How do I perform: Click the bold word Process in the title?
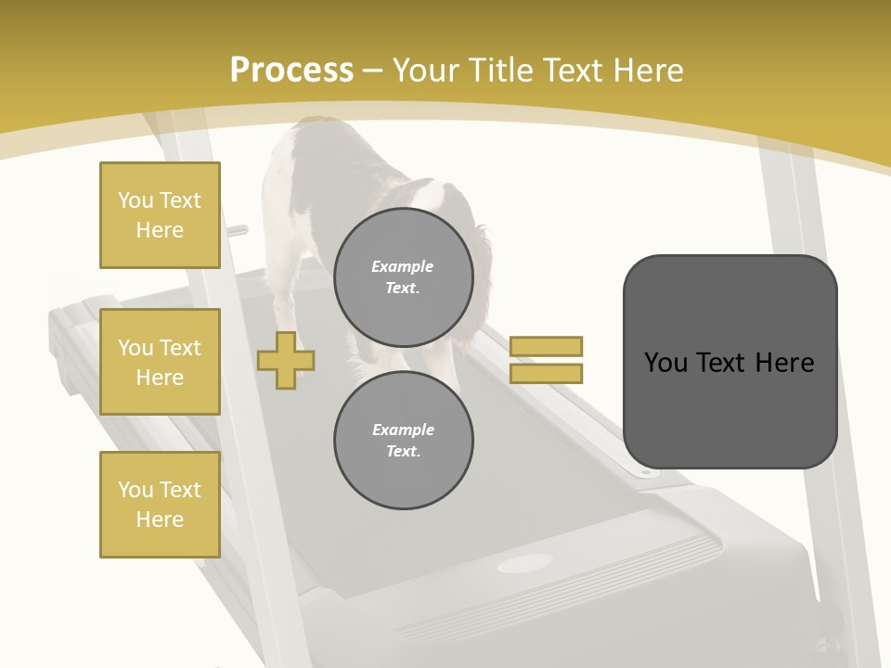291,71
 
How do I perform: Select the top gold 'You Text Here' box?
160,215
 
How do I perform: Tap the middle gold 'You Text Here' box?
160,362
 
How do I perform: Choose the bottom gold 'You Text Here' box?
160,505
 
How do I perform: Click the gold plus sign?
286,360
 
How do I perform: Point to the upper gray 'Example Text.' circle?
404,276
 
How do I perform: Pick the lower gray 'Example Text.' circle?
404,440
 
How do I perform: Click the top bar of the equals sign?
546,346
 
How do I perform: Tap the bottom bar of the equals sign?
546,373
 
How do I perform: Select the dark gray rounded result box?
730,362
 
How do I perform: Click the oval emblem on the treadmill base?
524,563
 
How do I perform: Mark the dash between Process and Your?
373,71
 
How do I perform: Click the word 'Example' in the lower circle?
403,430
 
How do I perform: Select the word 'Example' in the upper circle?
403,266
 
